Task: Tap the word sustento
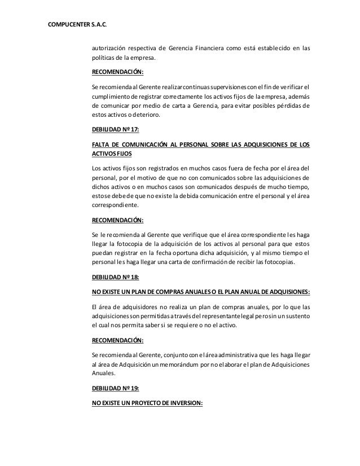[295, 316]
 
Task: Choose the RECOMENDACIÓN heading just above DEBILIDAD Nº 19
[117, 341]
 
